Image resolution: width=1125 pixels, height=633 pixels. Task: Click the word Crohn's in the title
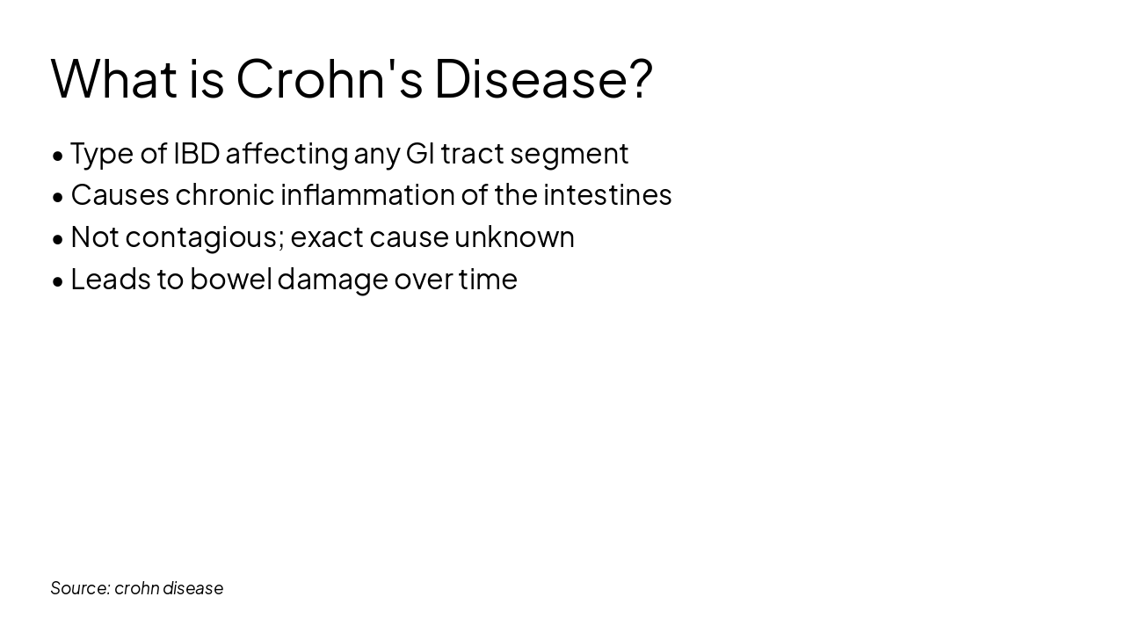pyautogui.click(x=330, y=78)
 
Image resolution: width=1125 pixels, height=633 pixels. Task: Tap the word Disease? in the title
pyautogui.click(x=543, y=78)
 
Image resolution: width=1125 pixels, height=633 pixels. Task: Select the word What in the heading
pyautogui.click(x=114, y=78)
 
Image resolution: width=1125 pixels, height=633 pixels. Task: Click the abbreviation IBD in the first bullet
pyautogui.click(x=196, y=153)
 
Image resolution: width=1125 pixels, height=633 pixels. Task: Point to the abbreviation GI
pyautogui.click(x=420, y=153)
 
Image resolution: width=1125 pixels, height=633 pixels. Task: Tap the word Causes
pyautogui.click(x=120, y=194)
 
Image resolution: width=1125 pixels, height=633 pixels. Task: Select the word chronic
pyautogui.click(x=225, y=194)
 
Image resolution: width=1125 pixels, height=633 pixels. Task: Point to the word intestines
pyautogui.click(x=607, y=194)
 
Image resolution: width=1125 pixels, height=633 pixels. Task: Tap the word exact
pyautogui.click(x=326, y=236)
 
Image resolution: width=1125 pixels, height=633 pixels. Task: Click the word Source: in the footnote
pyautogui.click(x=80, y=588)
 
